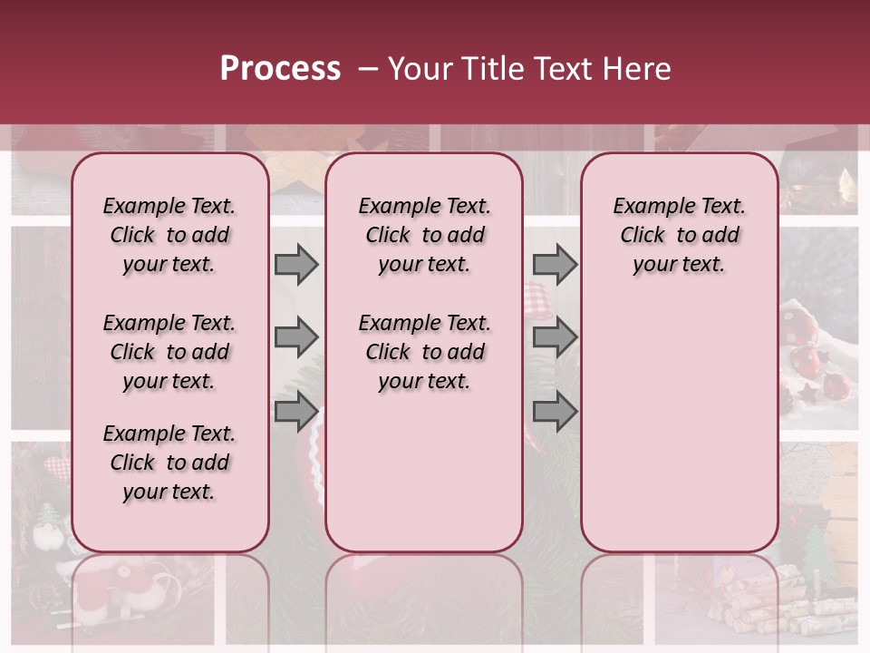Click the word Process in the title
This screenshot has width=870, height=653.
click(x=280, y=68)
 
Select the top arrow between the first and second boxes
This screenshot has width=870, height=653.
click(x=296, y=264)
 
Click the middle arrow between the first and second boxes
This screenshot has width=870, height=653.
click(x=296, y=338)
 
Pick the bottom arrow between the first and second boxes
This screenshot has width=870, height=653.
click(x=296, y=412)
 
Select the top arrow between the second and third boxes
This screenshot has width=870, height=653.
click(x=555, y=264)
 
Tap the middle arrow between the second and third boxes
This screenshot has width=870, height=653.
click(x=555, y=338)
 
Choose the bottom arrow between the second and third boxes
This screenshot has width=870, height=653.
click(x=555, y=412)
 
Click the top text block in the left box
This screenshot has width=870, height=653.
click(x=169, y=235)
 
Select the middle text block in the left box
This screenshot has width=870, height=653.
click(x=169, y=352)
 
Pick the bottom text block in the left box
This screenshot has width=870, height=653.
click(x=169, y=463)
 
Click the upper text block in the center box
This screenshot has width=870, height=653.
click(x=424, y=235)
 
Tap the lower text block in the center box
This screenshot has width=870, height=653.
click(x=424, y=352)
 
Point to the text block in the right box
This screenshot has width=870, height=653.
click(x=679, y=235)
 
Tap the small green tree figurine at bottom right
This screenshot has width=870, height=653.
click(x=818, y=552)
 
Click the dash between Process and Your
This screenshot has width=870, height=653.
click(x=368, y=69)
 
